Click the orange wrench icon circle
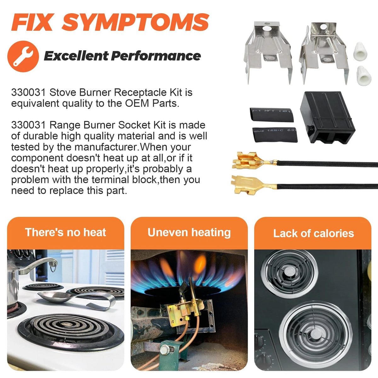[23, 56]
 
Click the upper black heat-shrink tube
[272, 114]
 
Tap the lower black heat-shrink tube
[275, 135]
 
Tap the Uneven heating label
[189, 233]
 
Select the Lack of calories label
[313, 233]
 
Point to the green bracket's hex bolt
[164, 349]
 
